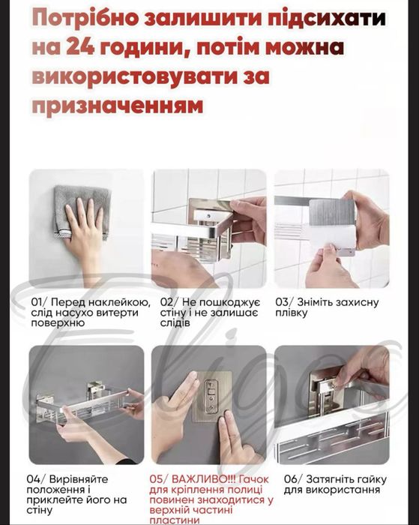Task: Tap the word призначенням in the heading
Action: pos(117,106)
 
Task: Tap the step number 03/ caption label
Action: pos(286,303)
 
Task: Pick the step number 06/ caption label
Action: pos(286,478)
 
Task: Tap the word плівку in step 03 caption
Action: pos(292,313)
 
